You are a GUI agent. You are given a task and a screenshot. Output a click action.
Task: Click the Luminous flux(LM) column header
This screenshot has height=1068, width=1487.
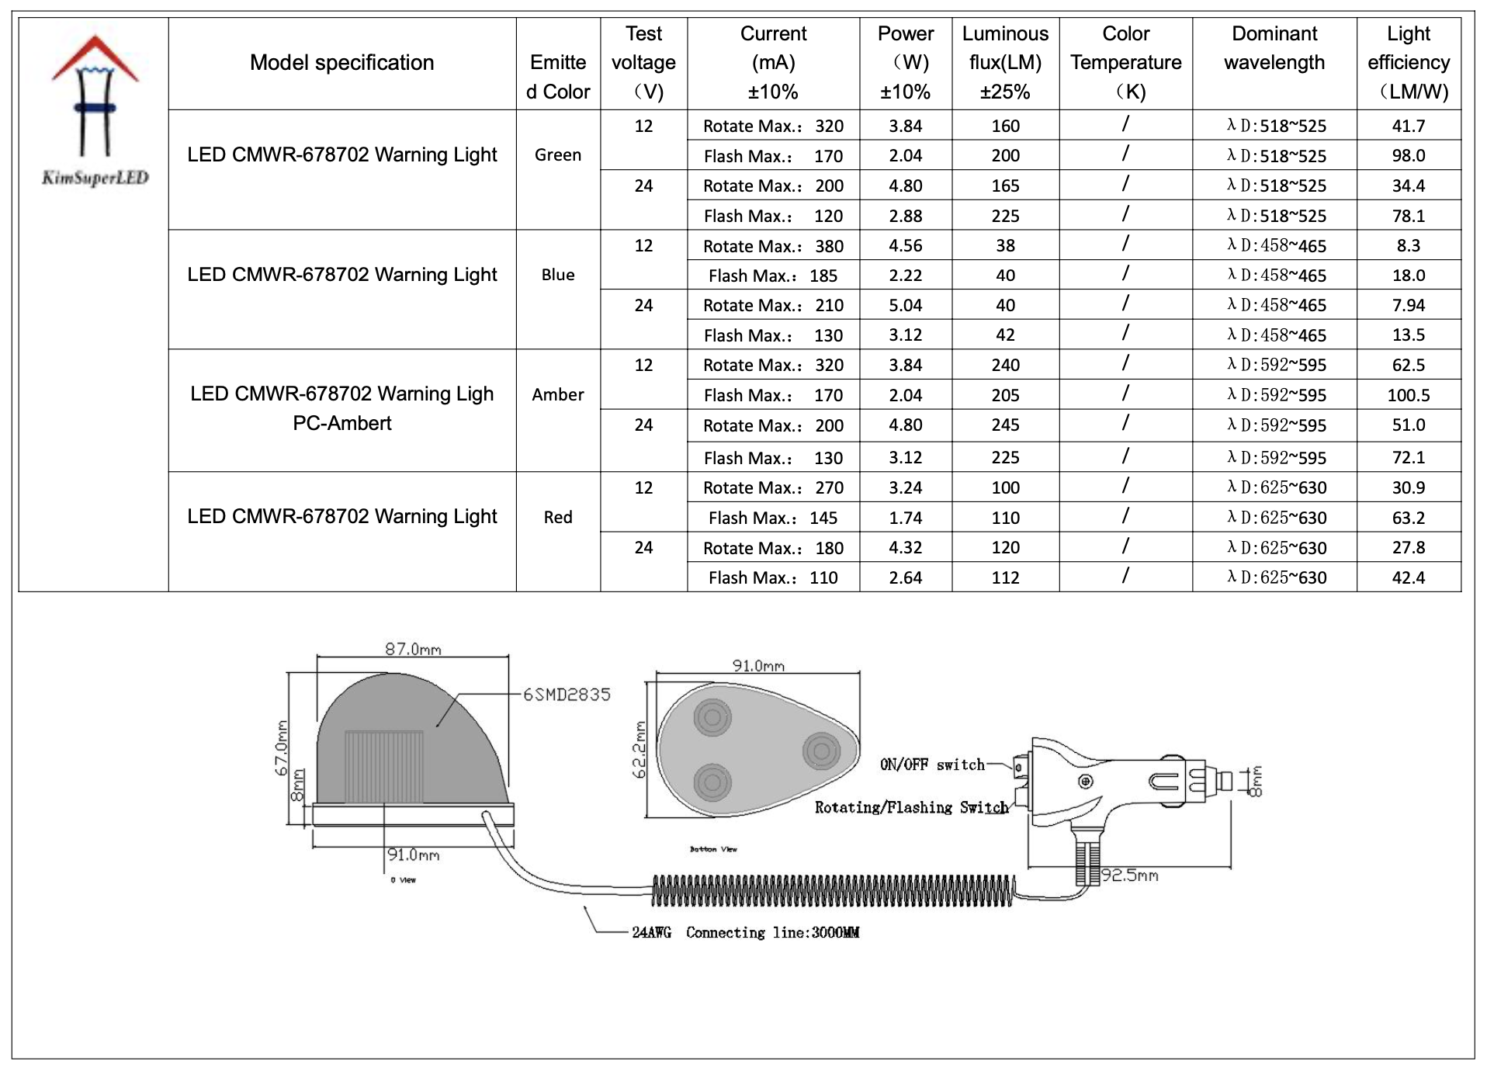point(1005,63)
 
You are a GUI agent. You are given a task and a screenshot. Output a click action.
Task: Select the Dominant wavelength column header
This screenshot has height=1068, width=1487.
point(1274,48)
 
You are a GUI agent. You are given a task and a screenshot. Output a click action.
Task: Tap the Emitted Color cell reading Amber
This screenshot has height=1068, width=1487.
point(558,394)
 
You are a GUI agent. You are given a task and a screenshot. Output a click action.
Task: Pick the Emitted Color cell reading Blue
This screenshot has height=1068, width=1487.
point(558,275)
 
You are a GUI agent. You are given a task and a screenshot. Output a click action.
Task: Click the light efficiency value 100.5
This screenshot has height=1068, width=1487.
point(1408,395)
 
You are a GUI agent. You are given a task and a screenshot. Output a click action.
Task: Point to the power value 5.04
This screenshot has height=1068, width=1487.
point(905,305)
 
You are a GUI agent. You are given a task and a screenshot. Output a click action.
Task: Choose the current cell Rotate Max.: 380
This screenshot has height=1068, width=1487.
point(773,246)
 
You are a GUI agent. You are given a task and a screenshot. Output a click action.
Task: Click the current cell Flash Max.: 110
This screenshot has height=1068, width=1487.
point(773,577)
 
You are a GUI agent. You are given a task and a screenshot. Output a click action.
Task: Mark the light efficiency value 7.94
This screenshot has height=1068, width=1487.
point(1408,305)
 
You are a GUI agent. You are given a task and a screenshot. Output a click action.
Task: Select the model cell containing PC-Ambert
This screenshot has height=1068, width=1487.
point(342,408)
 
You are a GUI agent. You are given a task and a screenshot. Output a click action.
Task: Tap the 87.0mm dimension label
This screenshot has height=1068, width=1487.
point(413,649)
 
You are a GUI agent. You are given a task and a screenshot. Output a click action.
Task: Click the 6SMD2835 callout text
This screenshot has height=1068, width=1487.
point(567,695)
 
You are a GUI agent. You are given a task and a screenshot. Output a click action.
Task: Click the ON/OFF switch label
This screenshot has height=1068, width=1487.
point(932,765)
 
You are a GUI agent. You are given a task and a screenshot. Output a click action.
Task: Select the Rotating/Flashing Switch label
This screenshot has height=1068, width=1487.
point(911,807)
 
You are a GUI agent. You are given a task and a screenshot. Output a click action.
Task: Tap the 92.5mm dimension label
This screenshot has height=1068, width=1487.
point(1129,876)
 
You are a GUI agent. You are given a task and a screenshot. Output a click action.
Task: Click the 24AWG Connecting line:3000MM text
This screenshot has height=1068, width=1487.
point(745,932)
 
